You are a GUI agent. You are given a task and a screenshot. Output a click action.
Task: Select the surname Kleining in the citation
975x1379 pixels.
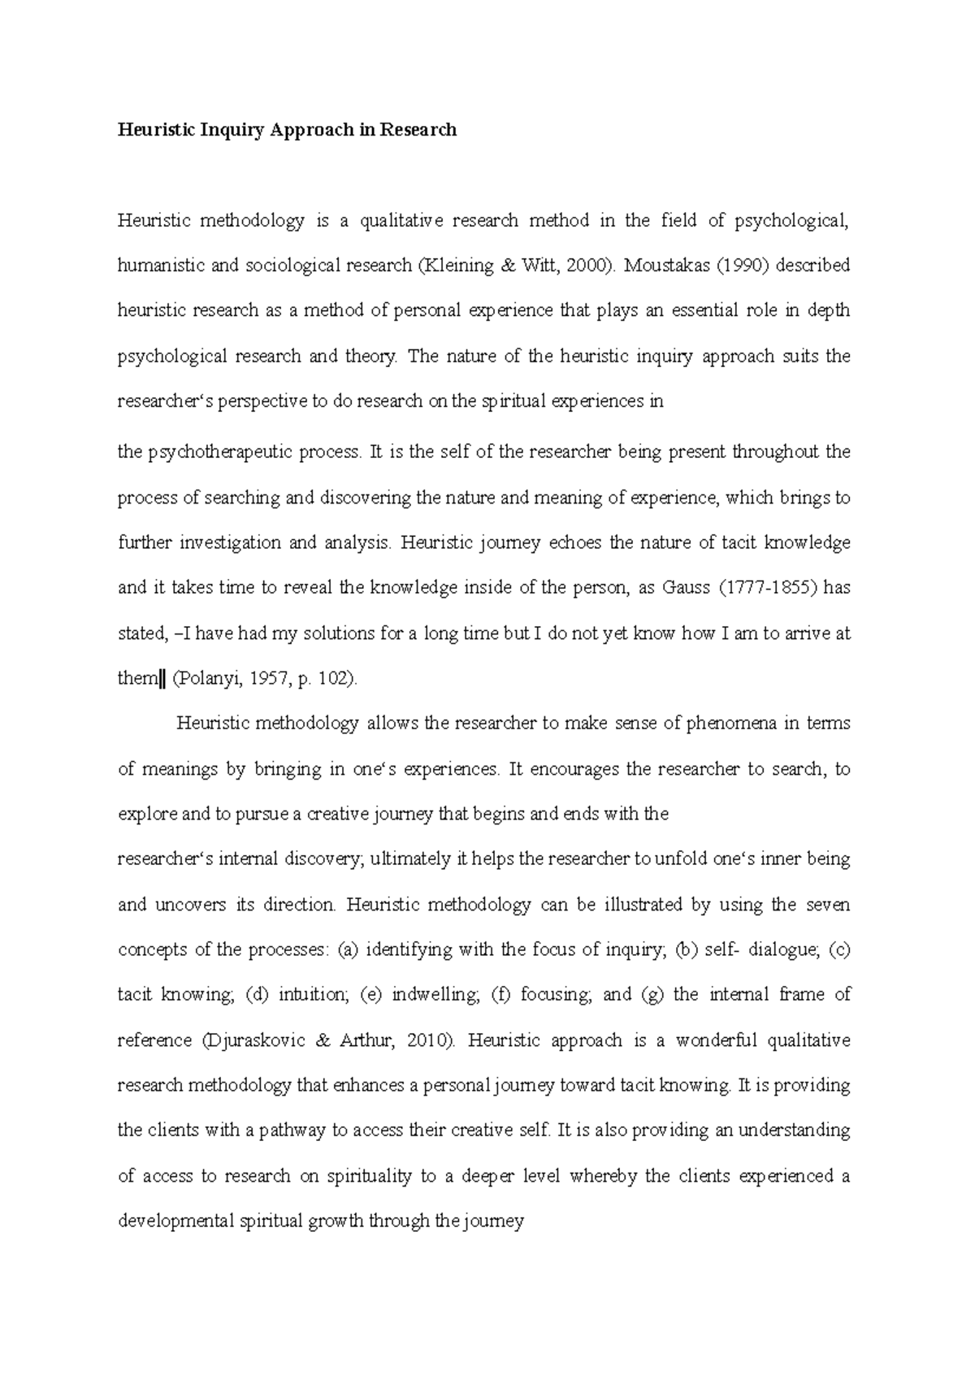coord(455,266)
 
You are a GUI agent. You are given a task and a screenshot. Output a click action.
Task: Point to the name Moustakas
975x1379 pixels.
coord(667,266)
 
